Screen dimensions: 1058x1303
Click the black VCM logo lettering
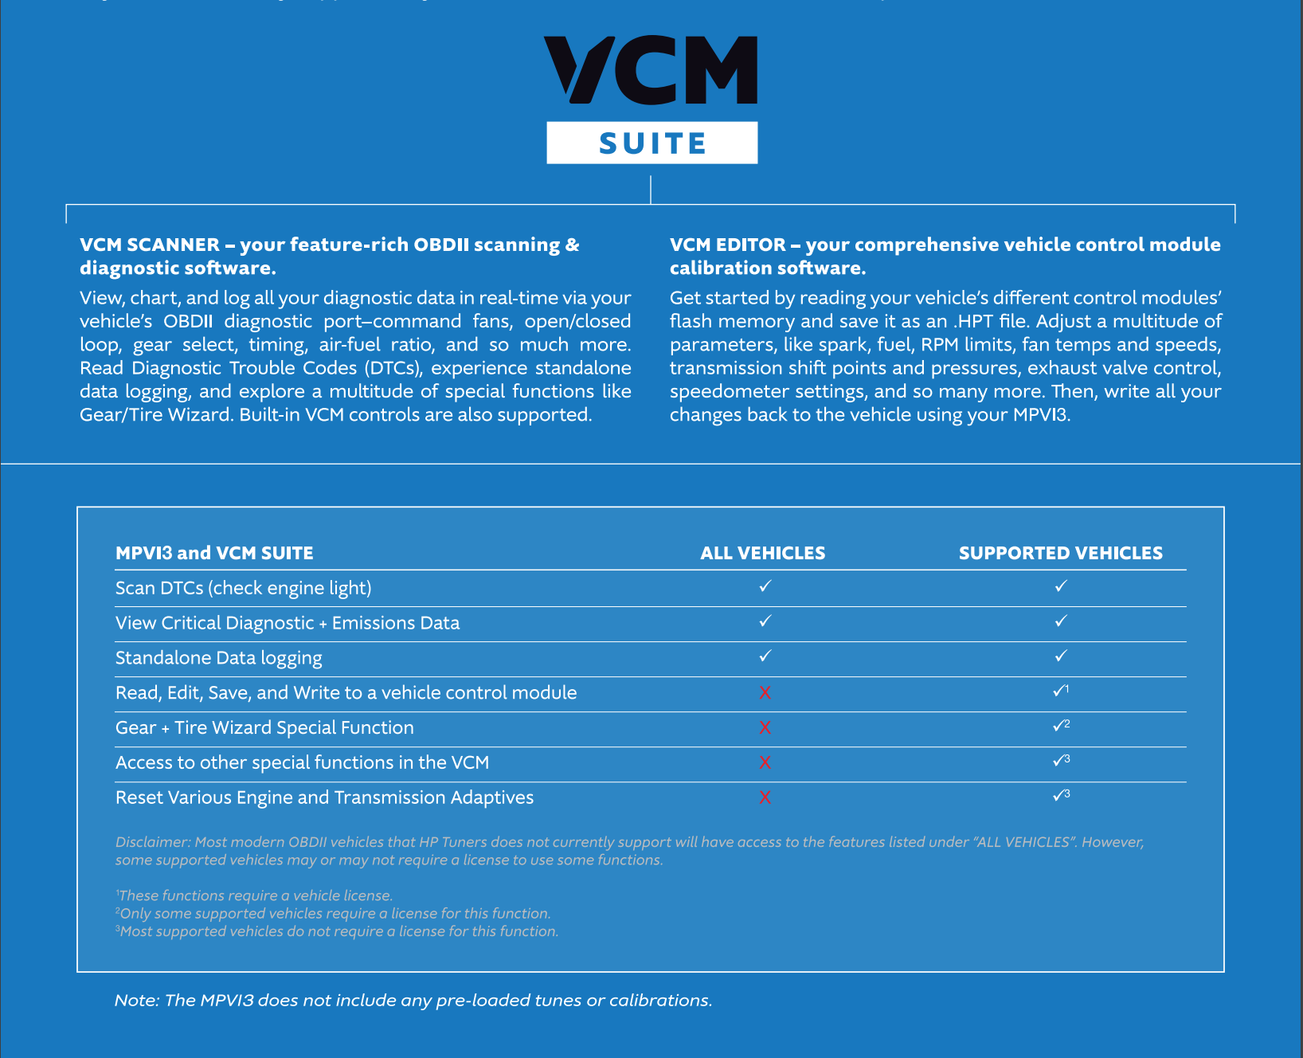(x=651, y=70)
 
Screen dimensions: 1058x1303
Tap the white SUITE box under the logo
(x=651, y=143)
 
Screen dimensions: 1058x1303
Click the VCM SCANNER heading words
(x=149, y=245)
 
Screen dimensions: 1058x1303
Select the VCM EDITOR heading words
(x=727, y=245)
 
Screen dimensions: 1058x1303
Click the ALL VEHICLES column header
(x=762, y=553)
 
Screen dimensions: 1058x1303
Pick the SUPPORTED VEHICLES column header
(x=1060, y=553)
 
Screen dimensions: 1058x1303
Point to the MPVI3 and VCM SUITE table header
(x=214, y=553)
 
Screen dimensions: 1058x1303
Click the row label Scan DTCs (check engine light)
(x=243, y=588)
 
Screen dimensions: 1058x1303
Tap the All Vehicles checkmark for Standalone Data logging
(x=765, y=656)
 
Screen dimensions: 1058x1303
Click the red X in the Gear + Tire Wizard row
(x=765, y=727)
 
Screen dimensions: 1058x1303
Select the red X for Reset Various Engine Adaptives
(x=765, y=797)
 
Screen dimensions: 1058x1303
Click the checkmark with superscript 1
(x=1060, y=691)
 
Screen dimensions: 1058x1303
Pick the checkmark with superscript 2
(x=1060, y=726)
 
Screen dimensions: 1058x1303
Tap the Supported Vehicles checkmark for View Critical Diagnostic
(x=1060, y=621)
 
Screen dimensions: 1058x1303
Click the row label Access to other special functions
(x=302, y=762)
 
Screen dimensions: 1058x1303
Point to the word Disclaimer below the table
(x=151, y=842)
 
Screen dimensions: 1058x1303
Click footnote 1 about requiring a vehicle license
(x=255, y=895)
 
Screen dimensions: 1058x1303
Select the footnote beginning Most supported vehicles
(x=338, y=931)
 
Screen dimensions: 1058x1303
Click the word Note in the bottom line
(x=136, y=1001)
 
